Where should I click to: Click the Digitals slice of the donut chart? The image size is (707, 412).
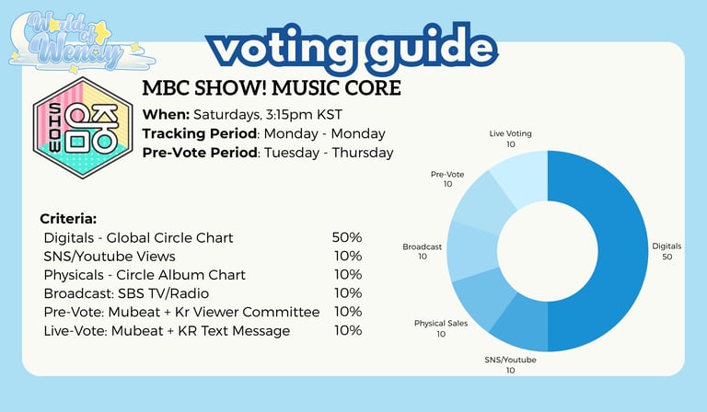(622, 251)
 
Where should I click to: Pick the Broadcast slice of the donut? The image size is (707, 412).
(471, 251)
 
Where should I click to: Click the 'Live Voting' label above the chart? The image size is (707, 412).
(510, 133)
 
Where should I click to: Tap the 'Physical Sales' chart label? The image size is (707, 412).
(441, 324)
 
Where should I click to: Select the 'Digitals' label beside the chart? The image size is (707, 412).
(666, 246)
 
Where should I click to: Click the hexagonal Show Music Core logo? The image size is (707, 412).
(83, 128)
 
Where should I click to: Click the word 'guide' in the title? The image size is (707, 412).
(433, 48)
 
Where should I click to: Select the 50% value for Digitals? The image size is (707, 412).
(347, 237)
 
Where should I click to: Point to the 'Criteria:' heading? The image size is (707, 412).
(68, 219)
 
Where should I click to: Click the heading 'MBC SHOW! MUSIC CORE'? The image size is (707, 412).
(272, 87)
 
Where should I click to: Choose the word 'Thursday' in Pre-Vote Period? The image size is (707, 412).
(363, 153)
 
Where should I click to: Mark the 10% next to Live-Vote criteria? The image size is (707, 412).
(348, 330)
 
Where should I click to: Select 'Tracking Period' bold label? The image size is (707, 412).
(200, 133)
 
